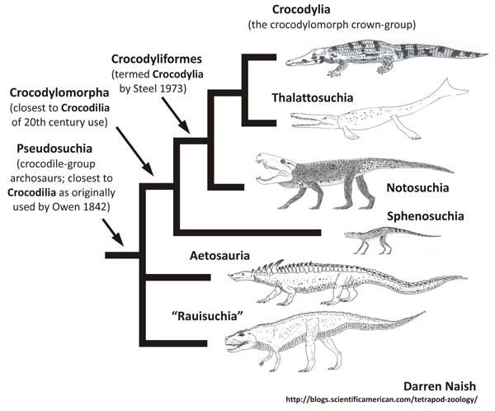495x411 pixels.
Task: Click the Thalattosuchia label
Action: click(x=313, y=99)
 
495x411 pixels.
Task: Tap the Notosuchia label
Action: click(x=417, y=187)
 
